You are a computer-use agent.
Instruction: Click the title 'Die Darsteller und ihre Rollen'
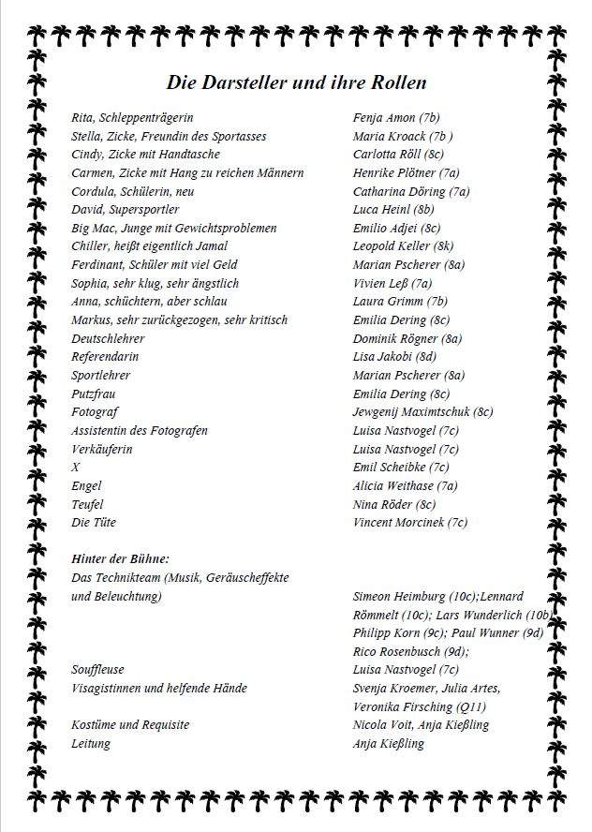point(296,82)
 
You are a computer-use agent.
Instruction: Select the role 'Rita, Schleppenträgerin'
point(132,118)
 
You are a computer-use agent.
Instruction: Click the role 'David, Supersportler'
point(125,210)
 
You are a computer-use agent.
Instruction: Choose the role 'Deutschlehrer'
point(108,338)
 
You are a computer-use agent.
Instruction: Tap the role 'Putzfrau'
point(94,394)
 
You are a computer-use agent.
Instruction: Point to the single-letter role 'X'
point(76,468)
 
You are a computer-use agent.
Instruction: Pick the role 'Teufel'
point(87,504)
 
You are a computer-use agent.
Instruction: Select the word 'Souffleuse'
point(97,670)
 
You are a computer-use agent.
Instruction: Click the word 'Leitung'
point(91,744)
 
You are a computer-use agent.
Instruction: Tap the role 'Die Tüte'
point(94,523)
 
